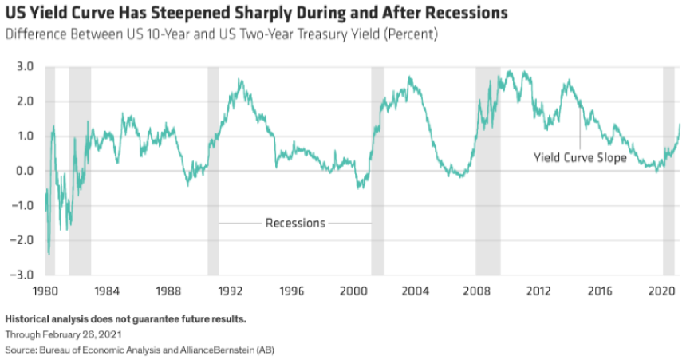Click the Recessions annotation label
(x=295, y=223)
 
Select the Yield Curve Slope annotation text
(x=580, y=158)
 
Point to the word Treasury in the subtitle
(x=329, y=35)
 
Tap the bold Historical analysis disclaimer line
(x=125, y=319)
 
